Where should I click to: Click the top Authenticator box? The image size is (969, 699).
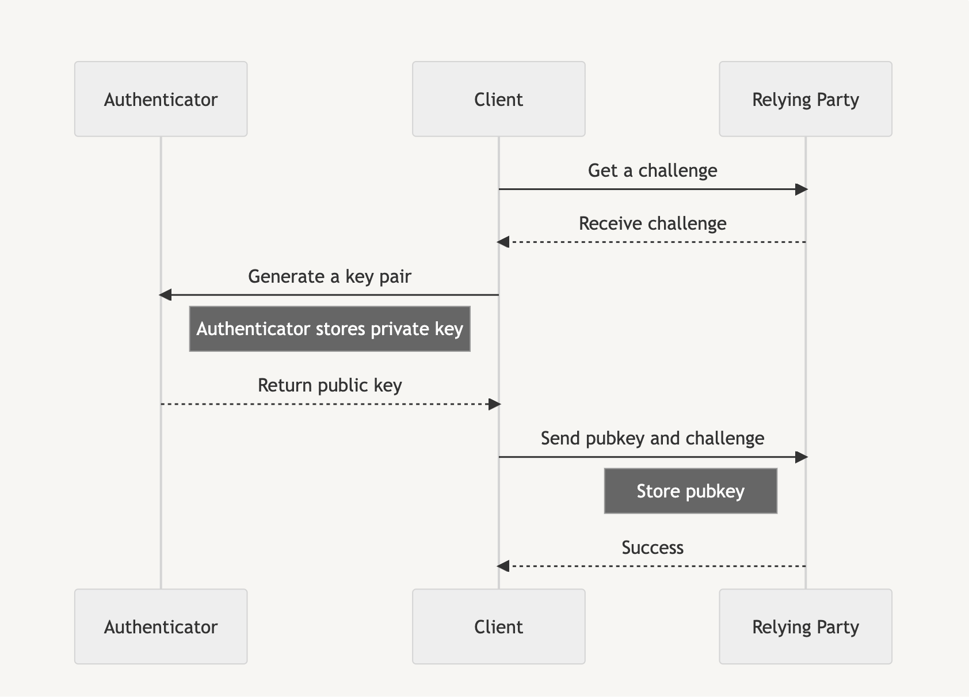[161, 99]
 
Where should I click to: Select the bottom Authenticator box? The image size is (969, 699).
[161, 626]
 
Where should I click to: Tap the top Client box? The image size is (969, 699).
[498, 99]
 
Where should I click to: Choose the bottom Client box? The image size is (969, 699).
[498, 626]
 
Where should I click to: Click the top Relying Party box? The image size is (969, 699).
[805, 99]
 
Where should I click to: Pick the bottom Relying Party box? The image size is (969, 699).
[805, 626]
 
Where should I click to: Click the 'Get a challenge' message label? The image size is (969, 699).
[652, 170]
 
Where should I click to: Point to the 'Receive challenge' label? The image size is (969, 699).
[652, 223]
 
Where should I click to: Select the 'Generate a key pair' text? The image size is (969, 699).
[329, 276]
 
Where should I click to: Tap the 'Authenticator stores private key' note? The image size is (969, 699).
[329, 329]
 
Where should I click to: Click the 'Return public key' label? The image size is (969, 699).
[329, 385]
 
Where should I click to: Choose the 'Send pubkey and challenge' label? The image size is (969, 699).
[652, 438]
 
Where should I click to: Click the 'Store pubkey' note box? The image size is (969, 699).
[690, 491]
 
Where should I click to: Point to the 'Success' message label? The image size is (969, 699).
[652, 548]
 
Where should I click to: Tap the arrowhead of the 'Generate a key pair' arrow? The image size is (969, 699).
[166, 295]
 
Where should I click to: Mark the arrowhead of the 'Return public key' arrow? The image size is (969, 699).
[494, 404]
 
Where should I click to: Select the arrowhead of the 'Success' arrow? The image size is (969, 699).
[503, 567]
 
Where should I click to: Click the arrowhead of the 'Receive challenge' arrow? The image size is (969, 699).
[503, 242]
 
